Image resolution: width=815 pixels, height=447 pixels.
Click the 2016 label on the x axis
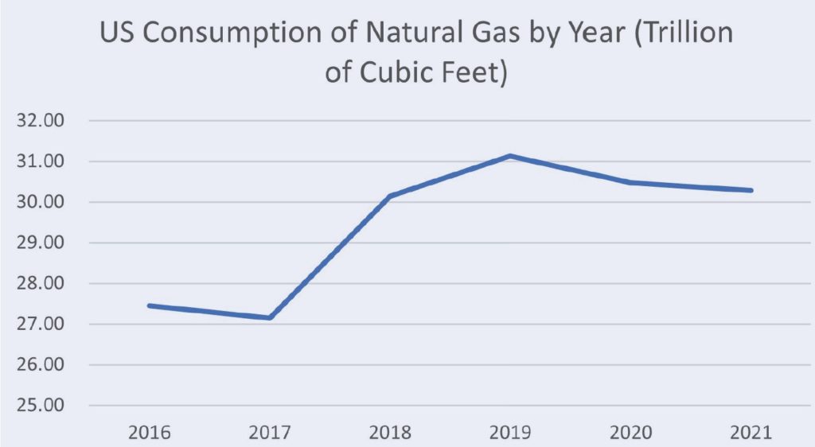(149, 433)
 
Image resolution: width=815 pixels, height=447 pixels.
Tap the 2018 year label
(390, 433)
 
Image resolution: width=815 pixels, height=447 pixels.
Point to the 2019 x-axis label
(510, 433)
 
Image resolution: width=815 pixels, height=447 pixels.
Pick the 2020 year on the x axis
(630, 433)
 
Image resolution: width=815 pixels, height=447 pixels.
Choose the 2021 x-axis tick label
(751, 433)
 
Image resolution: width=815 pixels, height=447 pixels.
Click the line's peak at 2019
(509, 156)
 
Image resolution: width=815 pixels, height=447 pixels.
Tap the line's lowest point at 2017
(270, 317)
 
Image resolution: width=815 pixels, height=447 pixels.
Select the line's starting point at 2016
(149, 305)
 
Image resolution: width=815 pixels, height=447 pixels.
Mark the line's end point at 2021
(751, 190)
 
